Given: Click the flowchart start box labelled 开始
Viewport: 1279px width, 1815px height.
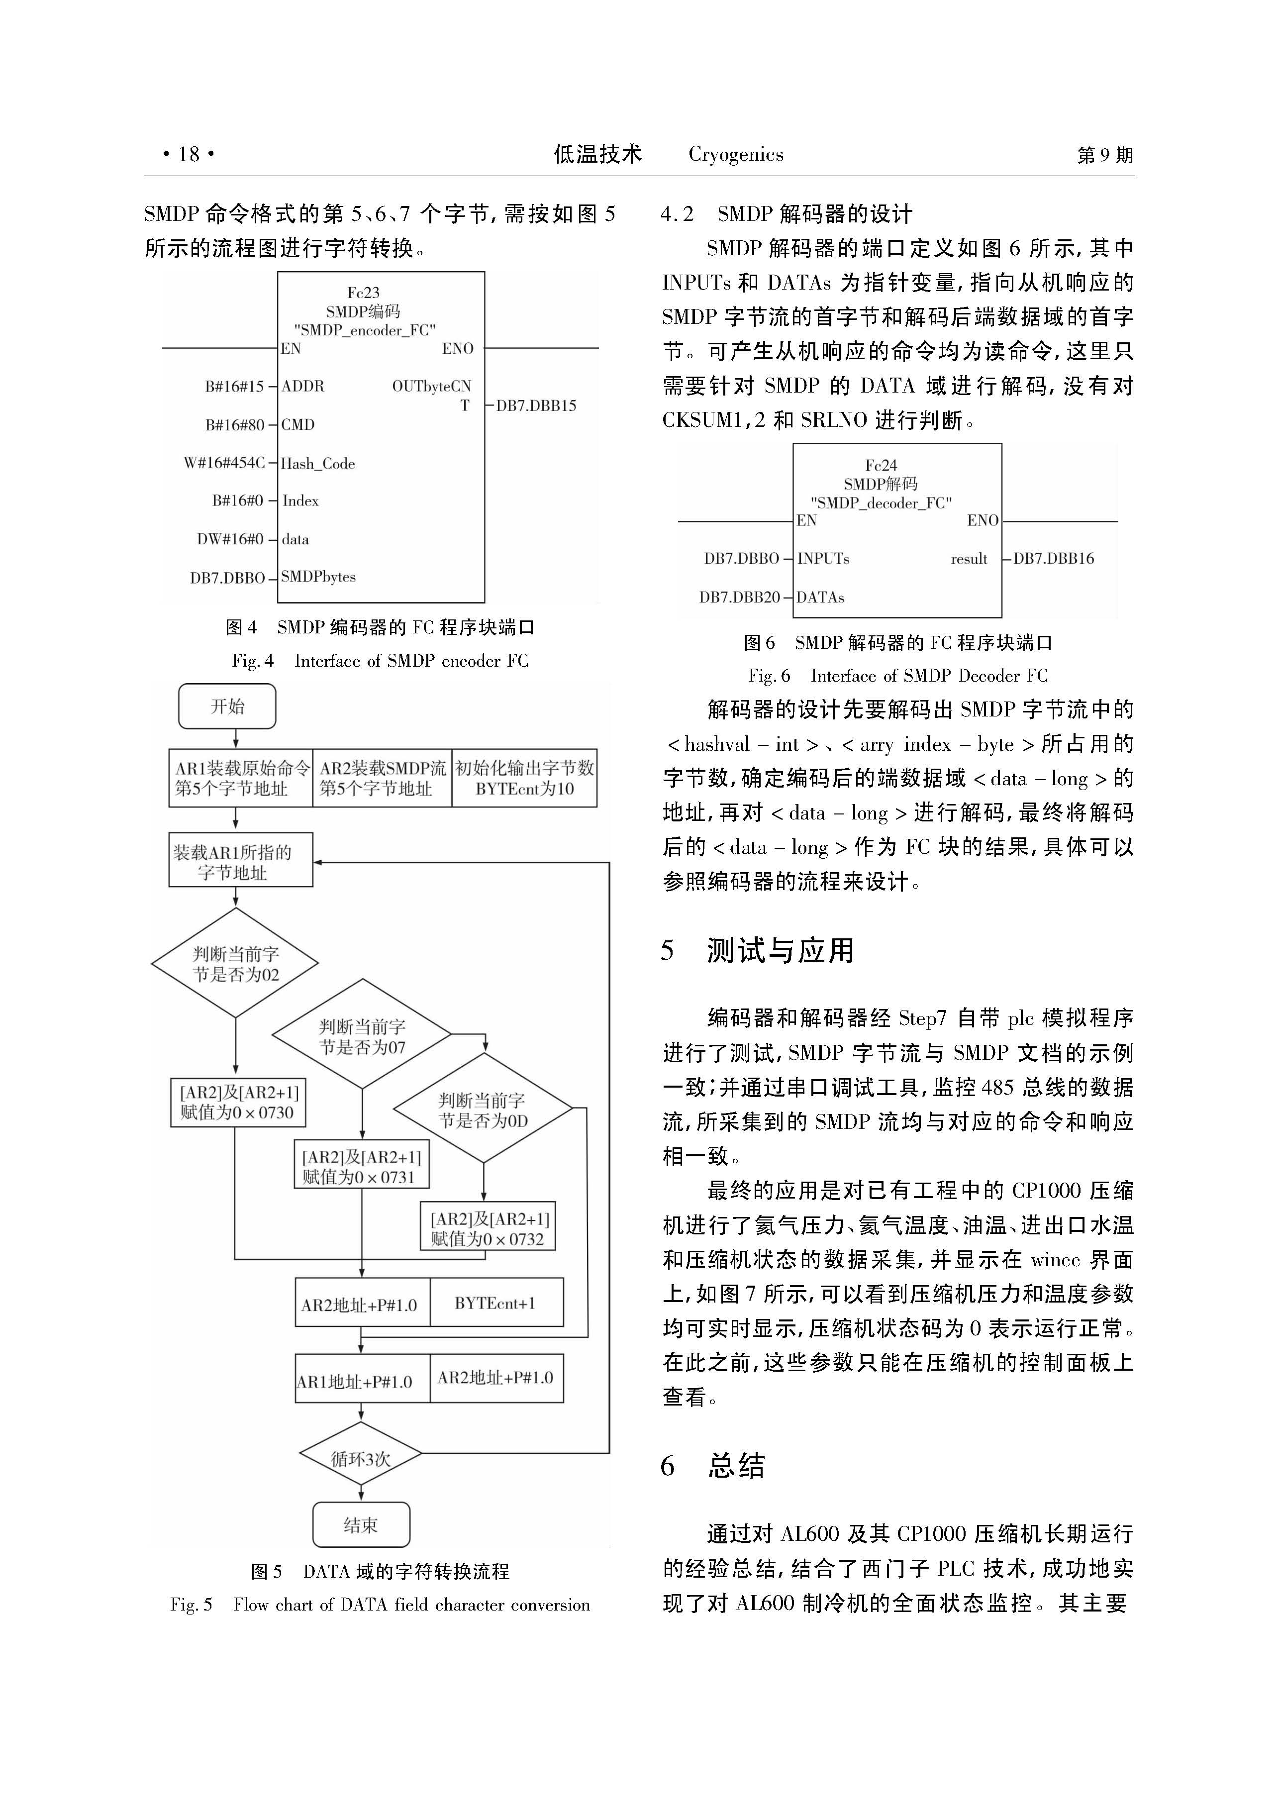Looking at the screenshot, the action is click(227, 706).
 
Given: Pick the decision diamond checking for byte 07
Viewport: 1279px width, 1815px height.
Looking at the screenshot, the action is click(362, 1034).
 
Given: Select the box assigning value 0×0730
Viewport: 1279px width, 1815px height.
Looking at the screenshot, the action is click(238, 1102).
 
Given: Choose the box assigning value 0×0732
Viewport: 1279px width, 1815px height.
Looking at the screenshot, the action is click(488, 1227).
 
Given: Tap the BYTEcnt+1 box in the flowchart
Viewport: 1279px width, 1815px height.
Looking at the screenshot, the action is click(496, 1303).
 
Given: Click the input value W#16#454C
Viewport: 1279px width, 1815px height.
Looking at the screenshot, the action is click(224, 462).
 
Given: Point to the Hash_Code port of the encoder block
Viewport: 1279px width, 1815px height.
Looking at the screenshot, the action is click(318, 463).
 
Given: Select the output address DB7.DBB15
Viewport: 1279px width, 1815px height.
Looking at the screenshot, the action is click(536, 405).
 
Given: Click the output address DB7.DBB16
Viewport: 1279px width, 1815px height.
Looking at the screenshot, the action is click(1054, 558).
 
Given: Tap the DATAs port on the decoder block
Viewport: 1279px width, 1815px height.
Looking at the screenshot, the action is click(820, 597).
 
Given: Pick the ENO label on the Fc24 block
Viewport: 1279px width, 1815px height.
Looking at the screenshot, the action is click(983, 520).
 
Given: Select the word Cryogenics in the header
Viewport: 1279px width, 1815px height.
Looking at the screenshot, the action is click(736, 154).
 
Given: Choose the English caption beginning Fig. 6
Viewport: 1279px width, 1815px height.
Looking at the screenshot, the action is click(898, 676).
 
